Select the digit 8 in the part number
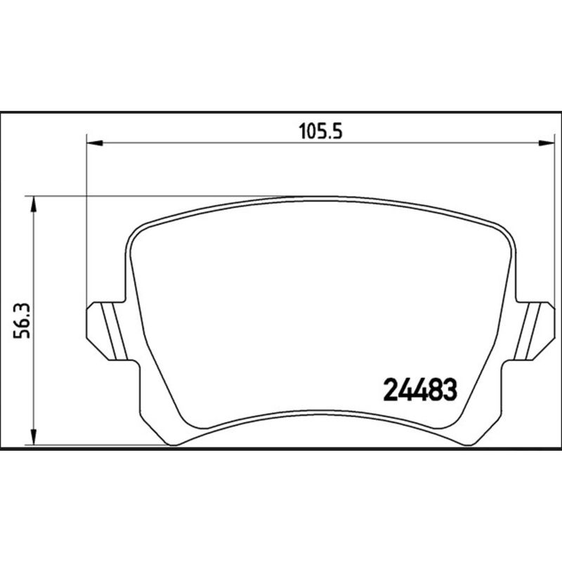click(436, 388)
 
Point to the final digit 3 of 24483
click(450, 388)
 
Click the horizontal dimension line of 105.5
click(211, 143)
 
